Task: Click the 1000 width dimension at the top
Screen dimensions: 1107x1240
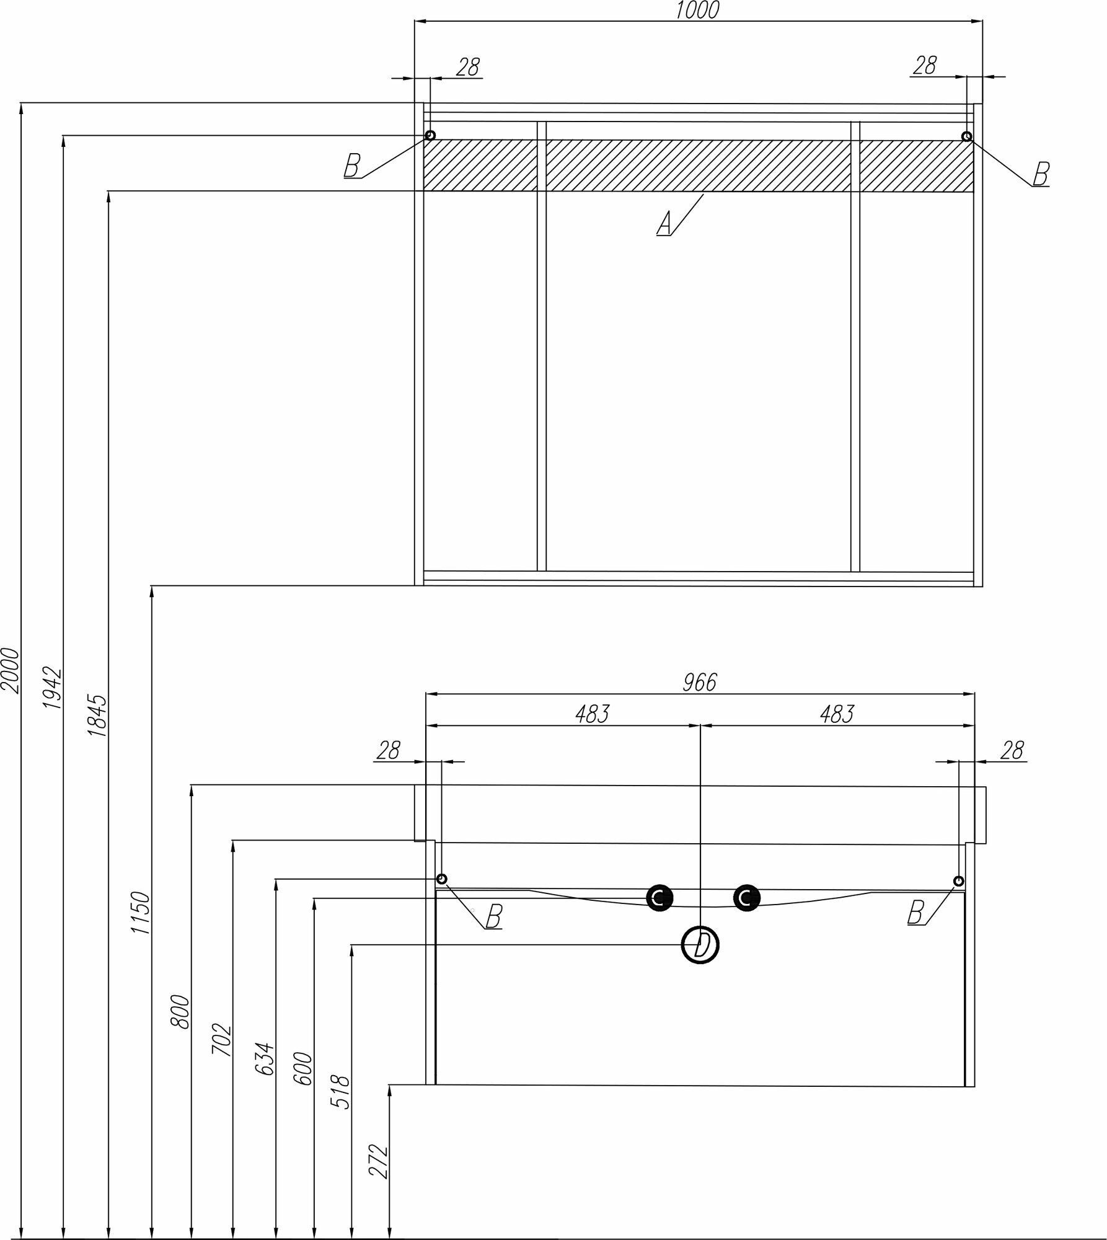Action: pos(698,11)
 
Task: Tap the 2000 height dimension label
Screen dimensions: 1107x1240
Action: pos(11,670)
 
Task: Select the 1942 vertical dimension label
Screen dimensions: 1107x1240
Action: pos(53,688)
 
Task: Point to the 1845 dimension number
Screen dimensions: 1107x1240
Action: pos(98,715)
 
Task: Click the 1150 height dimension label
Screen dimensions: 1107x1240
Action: pos(141,914)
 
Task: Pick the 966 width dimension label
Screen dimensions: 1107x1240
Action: pos(700,683)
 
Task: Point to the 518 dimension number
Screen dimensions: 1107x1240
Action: pos(342,1092)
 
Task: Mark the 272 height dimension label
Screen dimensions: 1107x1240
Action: pos(379,1161)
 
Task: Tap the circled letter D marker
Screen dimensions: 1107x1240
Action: pos(700,946)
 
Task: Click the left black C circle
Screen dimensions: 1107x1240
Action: pos(659,897)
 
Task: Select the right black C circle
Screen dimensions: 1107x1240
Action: pos(746,897)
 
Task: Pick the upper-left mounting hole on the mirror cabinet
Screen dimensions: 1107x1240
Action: pos(430,135)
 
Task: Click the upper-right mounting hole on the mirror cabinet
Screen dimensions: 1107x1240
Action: pos(966,136)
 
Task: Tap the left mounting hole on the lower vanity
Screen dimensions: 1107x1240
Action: pos(441,879)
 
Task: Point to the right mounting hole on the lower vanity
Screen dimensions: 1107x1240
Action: pos(958,881)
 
